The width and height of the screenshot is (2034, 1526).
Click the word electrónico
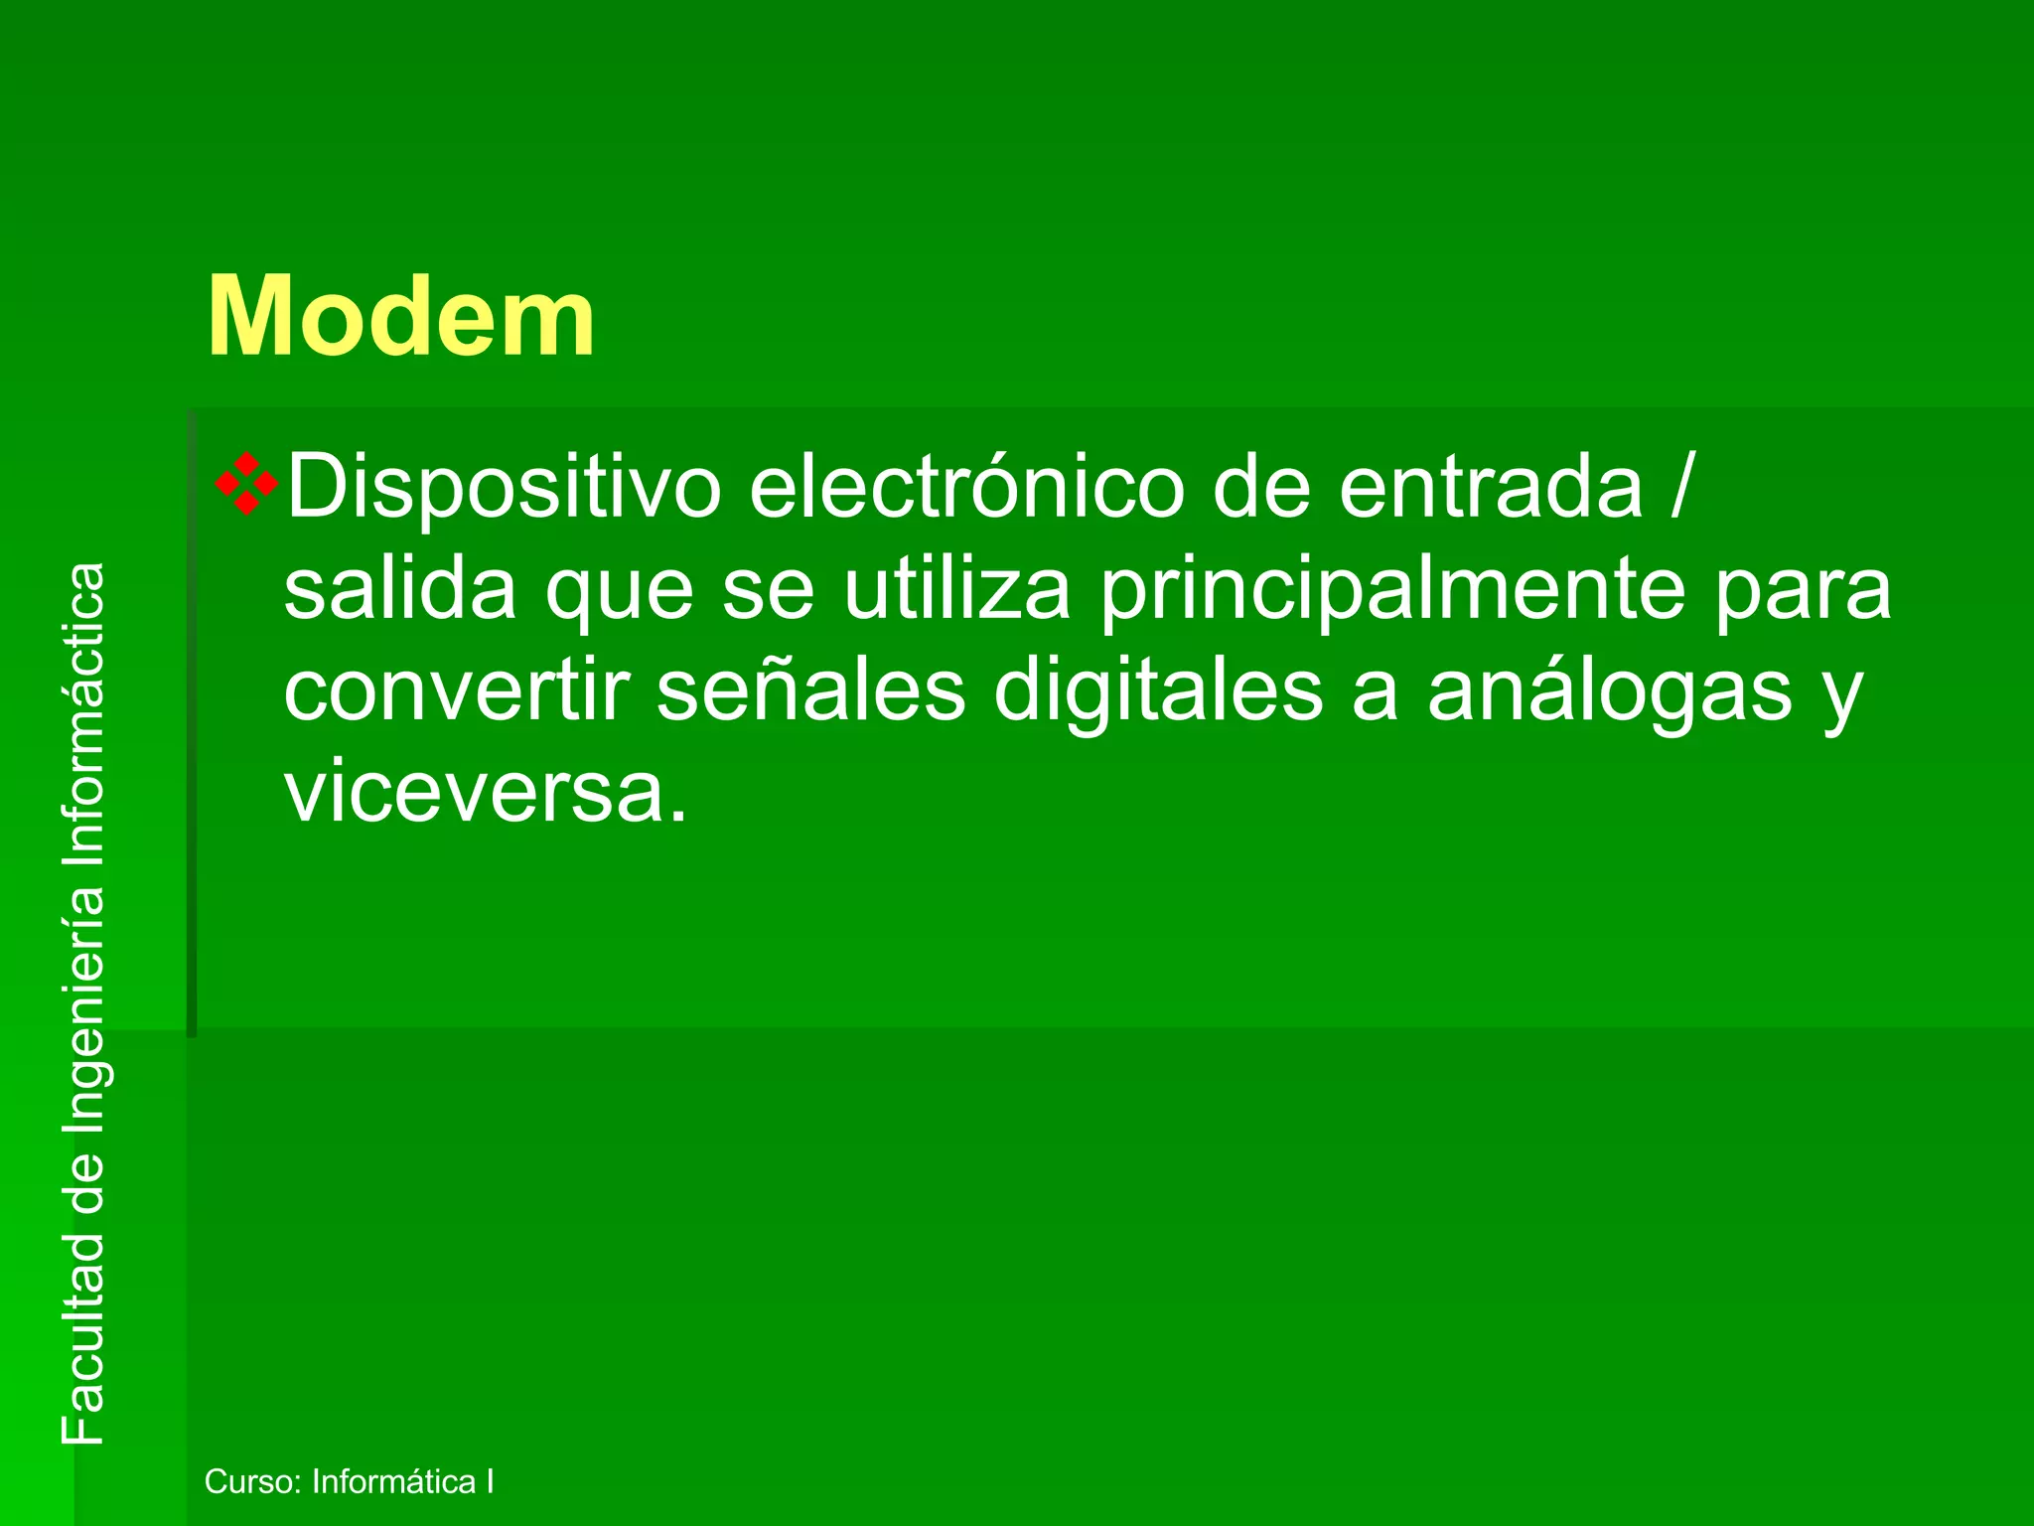966,487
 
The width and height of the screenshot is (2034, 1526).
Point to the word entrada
1491,487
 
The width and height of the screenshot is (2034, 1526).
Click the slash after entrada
1678,487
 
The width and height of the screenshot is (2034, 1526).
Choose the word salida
400,589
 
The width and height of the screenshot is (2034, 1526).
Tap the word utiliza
957,589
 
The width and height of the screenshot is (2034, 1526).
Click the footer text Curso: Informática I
349,1481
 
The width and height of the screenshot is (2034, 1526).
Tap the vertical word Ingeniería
82,1006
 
